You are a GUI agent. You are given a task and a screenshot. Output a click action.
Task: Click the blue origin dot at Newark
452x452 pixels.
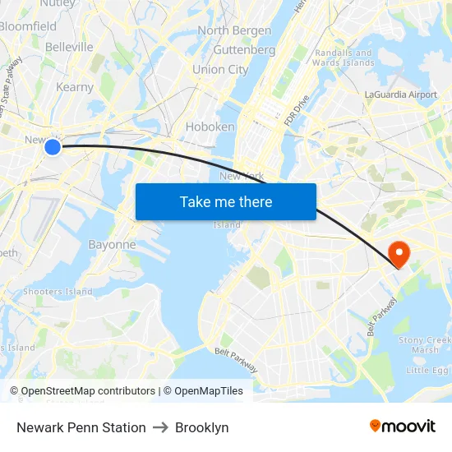[52, 146]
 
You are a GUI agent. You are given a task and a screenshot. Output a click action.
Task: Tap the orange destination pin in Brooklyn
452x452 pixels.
[399, 253]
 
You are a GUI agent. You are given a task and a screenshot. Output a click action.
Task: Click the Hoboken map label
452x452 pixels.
[210, 127]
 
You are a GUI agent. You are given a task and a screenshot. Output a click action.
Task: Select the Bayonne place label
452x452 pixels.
[112, 244]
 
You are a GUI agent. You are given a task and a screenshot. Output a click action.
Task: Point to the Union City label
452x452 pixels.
[220, 70]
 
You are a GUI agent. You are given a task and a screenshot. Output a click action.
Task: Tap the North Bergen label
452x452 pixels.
[234, 30]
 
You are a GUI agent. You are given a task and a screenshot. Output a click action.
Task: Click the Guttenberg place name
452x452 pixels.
[244, 49]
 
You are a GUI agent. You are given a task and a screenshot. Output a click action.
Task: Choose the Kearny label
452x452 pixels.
[75, 87]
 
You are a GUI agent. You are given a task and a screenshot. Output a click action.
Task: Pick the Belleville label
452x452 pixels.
[69, 47]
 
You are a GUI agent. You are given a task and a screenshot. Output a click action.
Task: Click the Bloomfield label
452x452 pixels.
[28, 26]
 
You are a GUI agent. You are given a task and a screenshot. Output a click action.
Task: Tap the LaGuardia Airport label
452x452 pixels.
[401, 95]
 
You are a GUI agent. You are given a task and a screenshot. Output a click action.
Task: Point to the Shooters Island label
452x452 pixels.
[58, 291]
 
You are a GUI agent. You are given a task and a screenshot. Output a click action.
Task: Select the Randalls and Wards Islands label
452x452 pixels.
[344, 57]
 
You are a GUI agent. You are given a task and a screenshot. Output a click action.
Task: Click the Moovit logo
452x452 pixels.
[403, 427]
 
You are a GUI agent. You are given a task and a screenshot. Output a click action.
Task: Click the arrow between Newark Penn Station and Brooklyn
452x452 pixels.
[160, 427]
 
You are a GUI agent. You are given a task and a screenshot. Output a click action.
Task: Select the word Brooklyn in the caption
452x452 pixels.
[201, 427]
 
